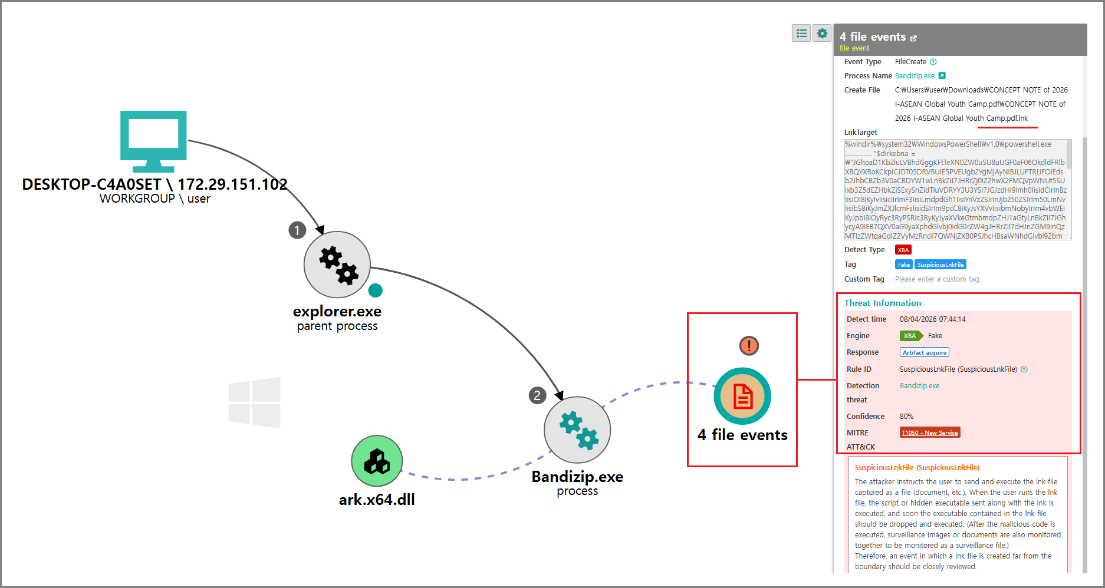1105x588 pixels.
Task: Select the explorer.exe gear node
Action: (x=337, y=265)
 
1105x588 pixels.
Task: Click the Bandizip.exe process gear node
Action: (x=577, y=430)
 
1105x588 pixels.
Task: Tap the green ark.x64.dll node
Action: (x=377, y=461)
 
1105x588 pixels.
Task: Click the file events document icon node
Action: (x=742, y=396)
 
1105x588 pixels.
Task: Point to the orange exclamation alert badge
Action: (x=749, y=345)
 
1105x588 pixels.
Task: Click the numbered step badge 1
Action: (x=297, y=230)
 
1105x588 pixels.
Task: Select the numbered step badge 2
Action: (x=537, y=395)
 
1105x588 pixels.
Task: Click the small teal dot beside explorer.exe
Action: (x=375, y=290)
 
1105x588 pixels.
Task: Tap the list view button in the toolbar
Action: (x=801, y=34)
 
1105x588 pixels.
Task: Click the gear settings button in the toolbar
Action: (x=822, y=34)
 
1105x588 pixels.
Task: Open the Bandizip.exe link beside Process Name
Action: (x=915, y=76)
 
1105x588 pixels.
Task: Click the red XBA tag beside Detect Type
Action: (x=903, y=250)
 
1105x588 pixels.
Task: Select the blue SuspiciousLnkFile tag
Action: (x=940, y=265)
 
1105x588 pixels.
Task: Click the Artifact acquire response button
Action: (x=925, y=352)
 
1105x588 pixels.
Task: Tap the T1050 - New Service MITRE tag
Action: (x=930, y=432)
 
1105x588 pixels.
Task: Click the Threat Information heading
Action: (x=883, y=303)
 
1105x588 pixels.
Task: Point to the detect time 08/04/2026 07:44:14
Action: (x=933, y=319)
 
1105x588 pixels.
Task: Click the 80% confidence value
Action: (x=906, y=417)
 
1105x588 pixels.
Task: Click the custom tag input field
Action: (x=938, y=279)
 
